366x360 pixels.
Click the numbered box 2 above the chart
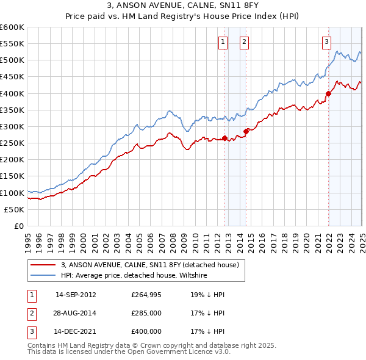click(243, 42)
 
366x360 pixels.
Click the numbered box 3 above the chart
click(326, 42)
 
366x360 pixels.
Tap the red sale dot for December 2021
click(328, 93)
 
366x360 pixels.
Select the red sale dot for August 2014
click(246, 131)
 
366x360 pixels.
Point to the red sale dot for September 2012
click(224, 138)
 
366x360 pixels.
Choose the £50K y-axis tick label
click(15, 209)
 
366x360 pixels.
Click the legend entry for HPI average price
click(134, 276)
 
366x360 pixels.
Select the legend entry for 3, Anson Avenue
click(152, 265)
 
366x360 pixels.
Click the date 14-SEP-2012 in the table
click(76, 295)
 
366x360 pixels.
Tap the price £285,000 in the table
click(146, 314)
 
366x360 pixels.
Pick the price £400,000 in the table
click(146, 332)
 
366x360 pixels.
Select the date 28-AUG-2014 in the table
click(76, 314)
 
